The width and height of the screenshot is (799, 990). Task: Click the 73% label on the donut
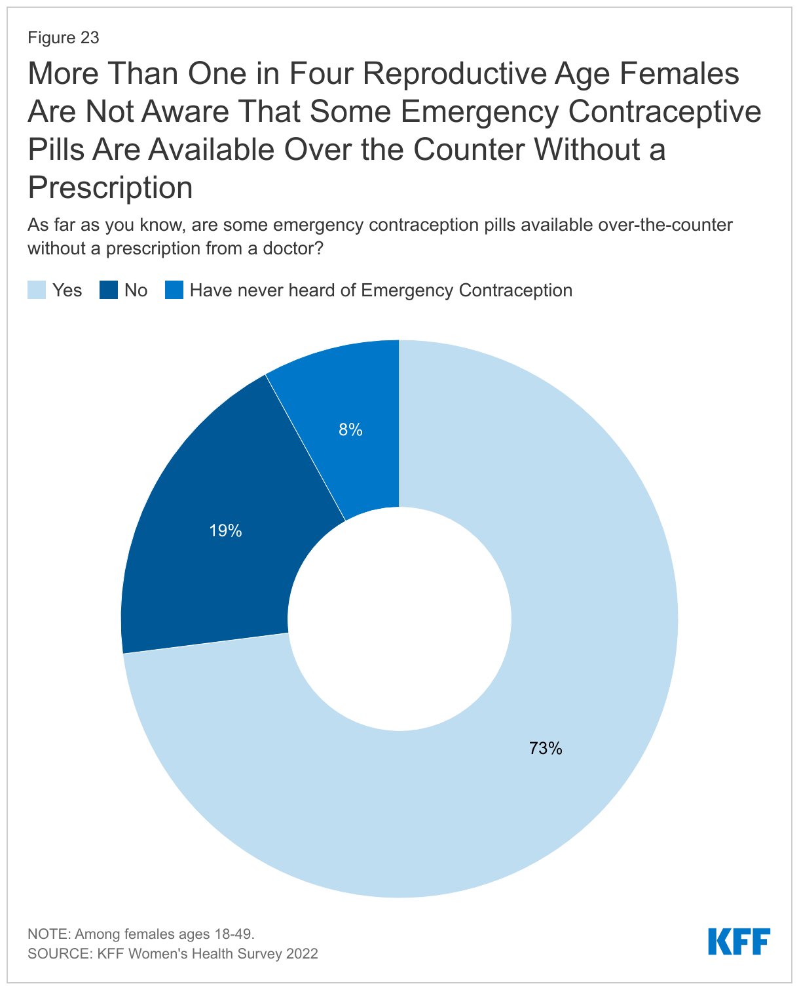click(546, 748)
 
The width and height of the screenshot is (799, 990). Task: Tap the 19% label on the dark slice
click(225, 531)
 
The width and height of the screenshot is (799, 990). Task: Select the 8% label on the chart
click(350, 430)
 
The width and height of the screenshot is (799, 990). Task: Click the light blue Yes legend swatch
click(37, 290)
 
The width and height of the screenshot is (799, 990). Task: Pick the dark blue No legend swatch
click(109, 290)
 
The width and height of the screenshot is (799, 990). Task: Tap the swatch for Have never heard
click(174, 290)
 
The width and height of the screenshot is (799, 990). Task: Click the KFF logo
click(739, 941)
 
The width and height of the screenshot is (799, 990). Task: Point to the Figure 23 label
click(64, 38)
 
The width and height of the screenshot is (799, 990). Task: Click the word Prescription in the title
click(110, 188)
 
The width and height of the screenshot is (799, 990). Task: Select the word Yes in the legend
click(67, 290)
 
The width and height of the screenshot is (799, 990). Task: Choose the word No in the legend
click(136, 290)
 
